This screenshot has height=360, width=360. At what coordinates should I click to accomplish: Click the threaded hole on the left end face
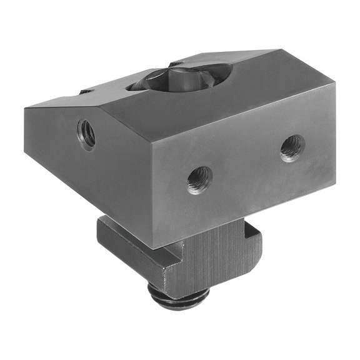pyautogui.click(x=86, y=133)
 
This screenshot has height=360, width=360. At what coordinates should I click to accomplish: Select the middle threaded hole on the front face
pyautogui.click(x=199, y=179)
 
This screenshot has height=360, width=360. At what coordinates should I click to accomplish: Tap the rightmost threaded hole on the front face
pyautogui.click(x=292, y=147)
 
